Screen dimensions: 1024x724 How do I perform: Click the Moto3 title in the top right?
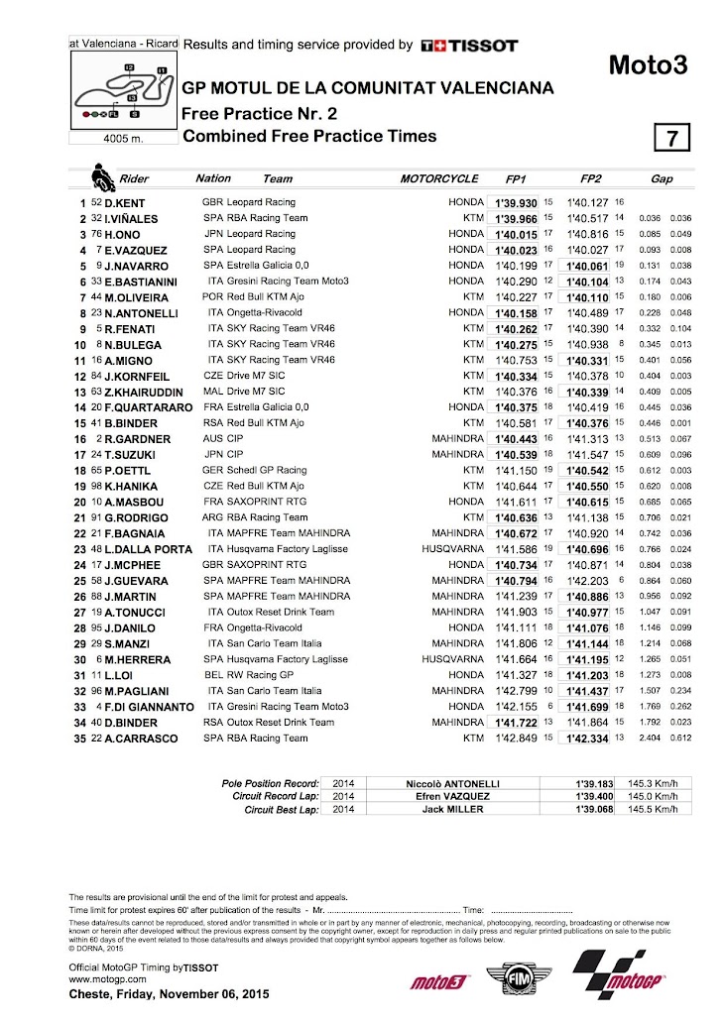click(648, 66)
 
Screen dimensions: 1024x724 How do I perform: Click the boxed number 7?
click(670, 138)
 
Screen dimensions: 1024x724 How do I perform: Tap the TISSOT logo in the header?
click(469, 45)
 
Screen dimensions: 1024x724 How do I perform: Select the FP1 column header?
click(517, 179)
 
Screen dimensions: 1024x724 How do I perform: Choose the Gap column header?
click(663, 179)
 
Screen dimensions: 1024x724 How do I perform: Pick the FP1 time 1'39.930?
click(516, 202)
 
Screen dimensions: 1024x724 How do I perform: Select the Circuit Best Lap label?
click(282, 810)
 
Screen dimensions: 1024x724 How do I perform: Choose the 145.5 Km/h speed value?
click(659, 810)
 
